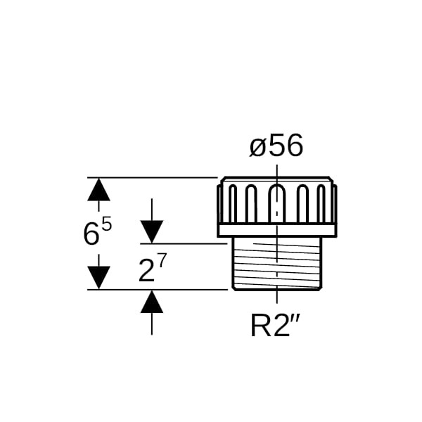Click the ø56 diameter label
(x=276, y=146)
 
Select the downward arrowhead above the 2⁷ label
(x=152, y=231)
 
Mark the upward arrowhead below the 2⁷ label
(x=152, y=302)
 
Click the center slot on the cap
(x=277, y=204)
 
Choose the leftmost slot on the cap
(x=233, y=204)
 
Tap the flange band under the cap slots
(x=277, y=230)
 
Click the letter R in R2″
(x=259, y=326)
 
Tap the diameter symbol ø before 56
(x=257, y=147)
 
